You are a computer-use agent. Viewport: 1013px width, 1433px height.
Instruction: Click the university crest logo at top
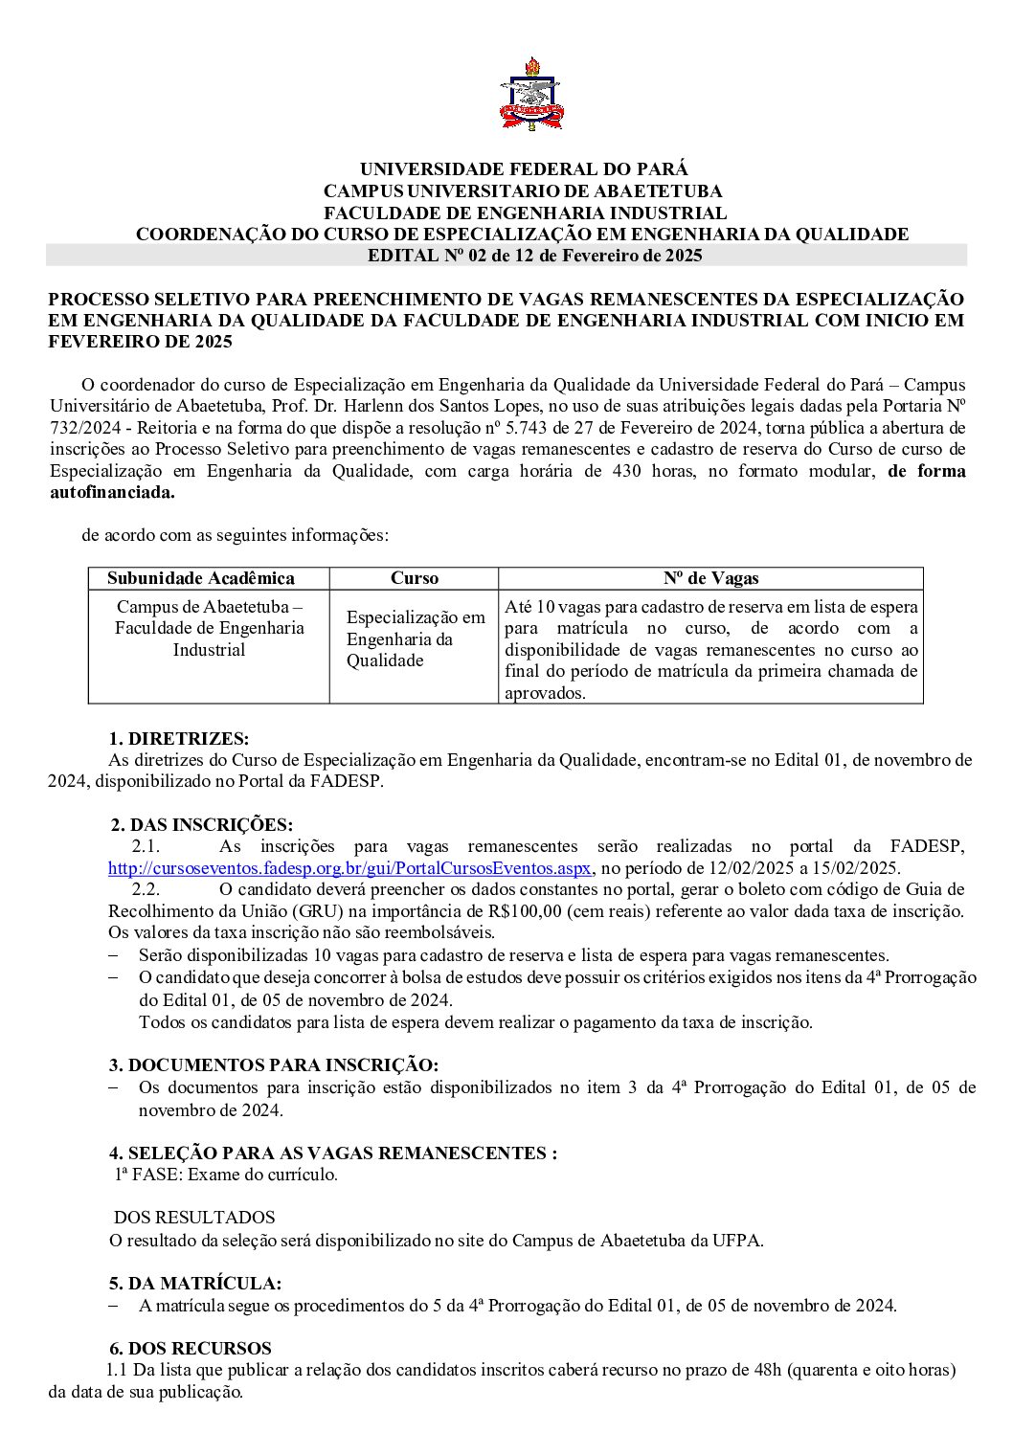[x=530, y=96]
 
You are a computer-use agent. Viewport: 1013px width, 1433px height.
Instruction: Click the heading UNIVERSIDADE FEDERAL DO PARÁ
[x=523, y=169]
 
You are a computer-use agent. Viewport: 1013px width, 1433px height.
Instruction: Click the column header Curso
[x=415, y=578]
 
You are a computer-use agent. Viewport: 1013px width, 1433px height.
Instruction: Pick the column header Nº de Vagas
[x=710, y=578]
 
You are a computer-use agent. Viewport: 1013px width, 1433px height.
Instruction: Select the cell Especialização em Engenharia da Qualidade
[x=415, y=638]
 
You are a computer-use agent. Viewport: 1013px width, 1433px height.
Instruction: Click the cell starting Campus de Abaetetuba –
[x=209, y=628]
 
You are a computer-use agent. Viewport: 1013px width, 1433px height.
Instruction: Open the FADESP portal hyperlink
[x=349, y=868]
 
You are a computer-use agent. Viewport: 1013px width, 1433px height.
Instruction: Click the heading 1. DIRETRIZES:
[x=178, y=738]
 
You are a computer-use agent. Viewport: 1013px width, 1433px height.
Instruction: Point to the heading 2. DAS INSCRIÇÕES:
[x=201, y=825]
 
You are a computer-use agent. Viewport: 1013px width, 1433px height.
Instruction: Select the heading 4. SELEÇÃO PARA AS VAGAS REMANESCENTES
[x=332, y=1153]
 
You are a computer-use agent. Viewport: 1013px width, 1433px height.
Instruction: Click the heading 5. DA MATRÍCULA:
[x=194, y=1284]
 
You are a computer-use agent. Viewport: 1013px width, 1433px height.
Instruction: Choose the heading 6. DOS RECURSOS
[x=190, y=1349]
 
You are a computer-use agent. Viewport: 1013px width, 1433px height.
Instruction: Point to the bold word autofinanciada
[x=113, y=493]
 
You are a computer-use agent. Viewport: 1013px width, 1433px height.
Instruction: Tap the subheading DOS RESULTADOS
[x=194, y=1218]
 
